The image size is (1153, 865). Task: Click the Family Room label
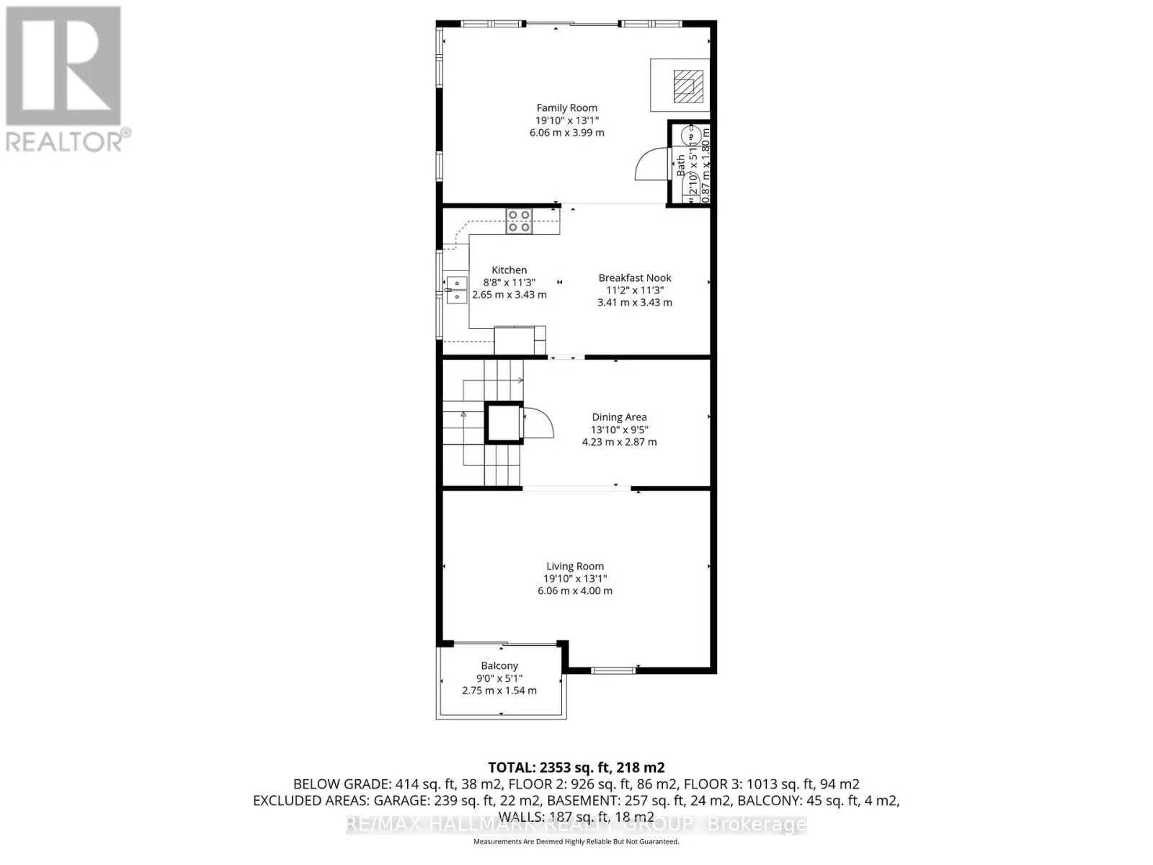click(x=566, y=108)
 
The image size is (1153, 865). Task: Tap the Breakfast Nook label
click(x=634, y=278)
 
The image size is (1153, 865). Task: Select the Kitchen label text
click(x=509, y=270)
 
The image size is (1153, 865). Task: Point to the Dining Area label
click(x=619, y=417)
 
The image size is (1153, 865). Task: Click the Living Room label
click(x=574, y=566)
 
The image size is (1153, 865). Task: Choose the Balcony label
click(x=499, y=665)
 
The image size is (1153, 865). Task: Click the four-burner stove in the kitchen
click(x=519, y=221)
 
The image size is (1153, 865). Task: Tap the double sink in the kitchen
click(x=455, y=289)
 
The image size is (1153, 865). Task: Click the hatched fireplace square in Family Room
click(x=688, y=86)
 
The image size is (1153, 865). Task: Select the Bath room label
click(x=680, y=166)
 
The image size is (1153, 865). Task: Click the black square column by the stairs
click(x=504, y=422)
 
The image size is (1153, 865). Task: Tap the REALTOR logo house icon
click(x=63, y=66)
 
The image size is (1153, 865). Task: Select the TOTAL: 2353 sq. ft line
click(x=576, y=768)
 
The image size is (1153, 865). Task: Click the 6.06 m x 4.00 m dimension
click(x=574, y=590)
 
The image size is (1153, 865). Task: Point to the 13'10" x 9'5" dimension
click(x=619, y=430)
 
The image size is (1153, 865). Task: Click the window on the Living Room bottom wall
click(x=613, y=670)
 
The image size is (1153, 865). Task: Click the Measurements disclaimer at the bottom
click(x=576, y=841)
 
